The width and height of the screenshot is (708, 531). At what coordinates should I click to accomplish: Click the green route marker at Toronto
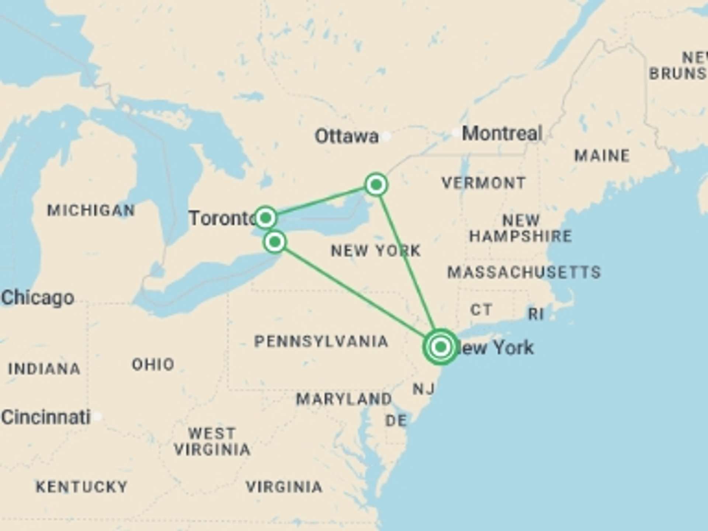pos(265,218)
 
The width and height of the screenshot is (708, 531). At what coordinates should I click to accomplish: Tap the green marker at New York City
pos(441,347)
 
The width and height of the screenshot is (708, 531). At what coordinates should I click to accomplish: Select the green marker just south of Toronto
pos(275,242)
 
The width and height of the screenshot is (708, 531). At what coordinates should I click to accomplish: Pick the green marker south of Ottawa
pos(376,184)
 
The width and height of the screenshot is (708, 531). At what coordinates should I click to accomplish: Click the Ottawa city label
pos(347,136)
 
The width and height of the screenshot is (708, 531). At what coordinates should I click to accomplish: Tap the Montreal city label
pos(502,133)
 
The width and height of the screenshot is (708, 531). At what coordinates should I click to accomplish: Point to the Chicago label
pos(38,298)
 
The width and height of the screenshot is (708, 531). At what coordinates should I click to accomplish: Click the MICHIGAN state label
pos(91,211)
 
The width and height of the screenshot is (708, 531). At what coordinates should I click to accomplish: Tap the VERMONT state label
pos(484,183)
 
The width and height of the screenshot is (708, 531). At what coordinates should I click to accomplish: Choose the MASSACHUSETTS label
pos(524,273)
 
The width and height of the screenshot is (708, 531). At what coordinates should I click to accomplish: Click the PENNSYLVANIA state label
pos(321,341)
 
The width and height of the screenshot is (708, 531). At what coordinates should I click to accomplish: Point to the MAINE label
pos(602,156)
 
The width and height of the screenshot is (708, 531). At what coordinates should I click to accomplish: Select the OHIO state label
pos(153,364)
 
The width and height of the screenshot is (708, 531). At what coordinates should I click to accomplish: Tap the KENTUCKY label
pos(81,487)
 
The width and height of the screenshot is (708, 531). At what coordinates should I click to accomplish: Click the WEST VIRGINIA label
pos(212,441)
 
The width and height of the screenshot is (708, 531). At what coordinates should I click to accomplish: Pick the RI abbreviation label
pos(536,314)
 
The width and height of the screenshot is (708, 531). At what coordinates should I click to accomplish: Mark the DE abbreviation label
pos(396,420)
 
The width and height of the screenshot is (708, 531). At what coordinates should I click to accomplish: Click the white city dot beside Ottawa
pos(386,136)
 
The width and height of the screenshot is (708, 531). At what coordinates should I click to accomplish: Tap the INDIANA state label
pos(44,369)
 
